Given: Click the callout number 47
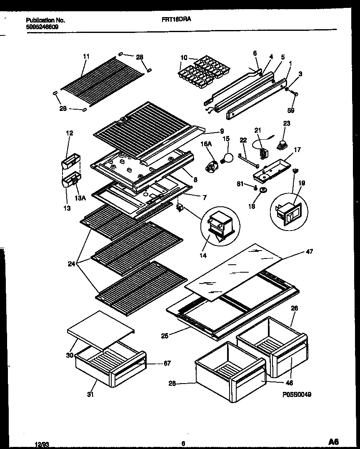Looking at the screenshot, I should (309, 251).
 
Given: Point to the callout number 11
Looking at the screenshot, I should (86, 56).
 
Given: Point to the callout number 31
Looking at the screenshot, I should (91, 394).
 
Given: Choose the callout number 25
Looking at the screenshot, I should (165, 336).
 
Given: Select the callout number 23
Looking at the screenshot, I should (287, 123).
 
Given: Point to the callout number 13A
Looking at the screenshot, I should (81, 198).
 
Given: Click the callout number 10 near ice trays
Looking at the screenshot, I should (184, 58).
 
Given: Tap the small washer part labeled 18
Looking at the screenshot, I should (263, 191).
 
